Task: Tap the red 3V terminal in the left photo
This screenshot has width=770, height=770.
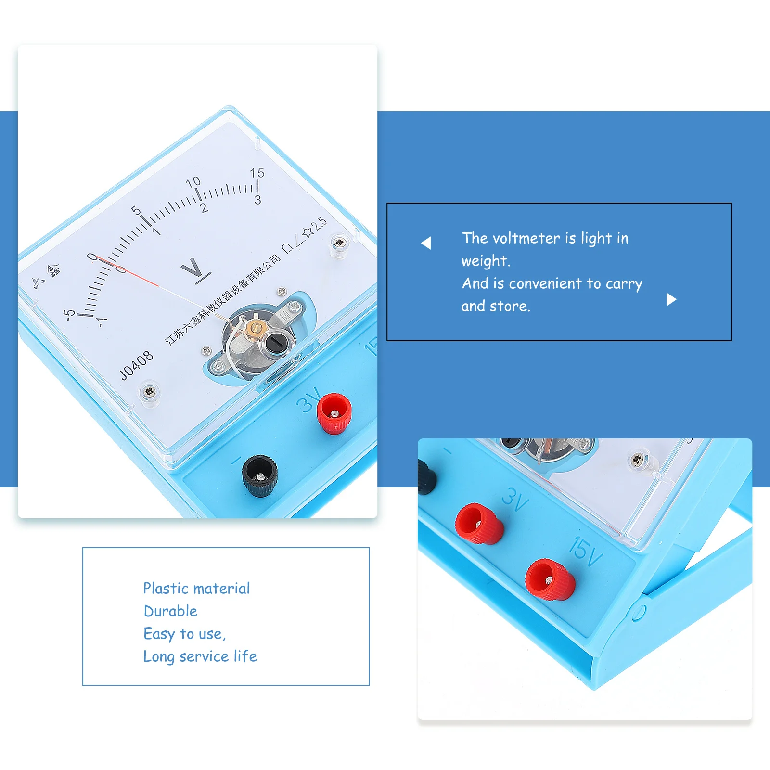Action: point(334,413)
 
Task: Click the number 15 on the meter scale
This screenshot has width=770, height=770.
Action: point(257,173)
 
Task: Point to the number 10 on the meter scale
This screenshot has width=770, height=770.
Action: point(193,182)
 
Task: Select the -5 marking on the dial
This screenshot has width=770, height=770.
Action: point(69,314)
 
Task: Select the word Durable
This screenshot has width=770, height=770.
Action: point(170,611)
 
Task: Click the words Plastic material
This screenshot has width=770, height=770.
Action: point(196,588)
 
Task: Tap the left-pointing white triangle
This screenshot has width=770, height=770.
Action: point(426,243)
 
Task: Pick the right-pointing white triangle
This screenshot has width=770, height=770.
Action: point(671,300)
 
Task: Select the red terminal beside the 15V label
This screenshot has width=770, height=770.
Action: point(549,579)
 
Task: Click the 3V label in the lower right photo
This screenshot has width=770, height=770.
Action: point(515,500)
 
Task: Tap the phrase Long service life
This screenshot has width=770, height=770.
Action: point(200,656)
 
